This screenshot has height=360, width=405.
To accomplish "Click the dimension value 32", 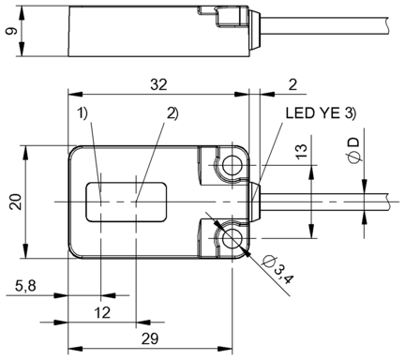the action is [x=158, y=84].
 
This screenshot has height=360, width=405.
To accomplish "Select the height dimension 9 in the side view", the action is [x=11, y=31].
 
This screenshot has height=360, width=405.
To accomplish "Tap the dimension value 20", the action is [x=16, y=202].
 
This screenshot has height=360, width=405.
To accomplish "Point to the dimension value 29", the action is [x=150, y=338].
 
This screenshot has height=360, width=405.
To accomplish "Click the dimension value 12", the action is [x=102, y=312].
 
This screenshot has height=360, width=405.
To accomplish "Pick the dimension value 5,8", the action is [x=25, y=286].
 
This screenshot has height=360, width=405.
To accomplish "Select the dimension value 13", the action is [x=302, y=151].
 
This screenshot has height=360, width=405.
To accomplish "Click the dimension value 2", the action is [x=292, y=84].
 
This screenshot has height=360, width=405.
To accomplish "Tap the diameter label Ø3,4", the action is [x=277, y=269].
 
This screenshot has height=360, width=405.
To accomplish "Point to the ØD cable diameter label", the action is [x=353, y=150].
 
